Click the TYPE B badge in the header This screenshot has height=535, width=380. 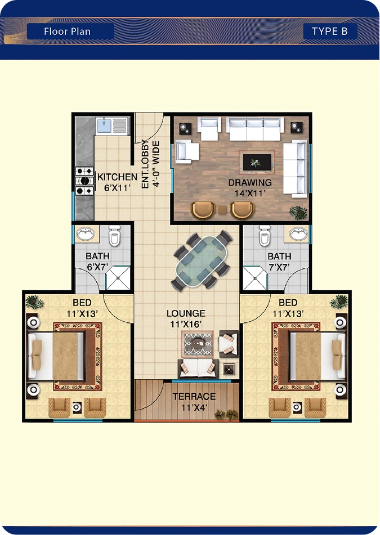tap(330, 32)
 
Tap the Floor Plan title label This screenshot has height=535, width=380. tap(67, 32)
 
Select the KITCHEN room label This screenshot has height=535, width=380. tap(117, 177)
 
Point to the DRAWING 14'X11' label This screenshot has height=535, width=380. tap(250, 188)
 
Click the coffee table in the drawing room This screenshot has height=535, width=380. tap(257, 161)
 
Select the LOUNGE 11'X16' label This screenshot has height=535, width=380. tap(186, 318)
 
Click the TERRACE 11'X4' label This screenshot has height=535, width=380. tap(194, 402)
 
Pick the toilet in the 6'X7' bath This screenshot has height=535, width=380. tap(114, 235)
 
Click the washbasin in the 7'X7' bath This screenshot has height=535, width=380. tap(298, 233)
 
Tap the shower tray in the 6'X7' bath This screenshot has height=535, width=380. tap(118, 278)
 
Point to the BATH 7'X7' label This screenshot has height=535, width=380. tap(279, 262)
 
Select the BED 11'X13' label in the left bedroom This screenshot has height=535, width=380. tap(82, 308)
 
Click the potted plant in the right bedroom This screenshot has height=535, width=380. tap(339, 302)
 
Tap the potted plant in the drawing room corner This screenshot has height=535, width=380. tap(298, 212)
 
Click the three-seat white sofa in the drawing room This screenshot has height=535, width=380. tap(255, 129)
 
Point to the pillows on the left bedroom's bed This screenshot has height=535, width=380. tap(37, 354)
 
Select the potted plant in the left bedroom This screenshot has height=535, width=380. tap(34, 302)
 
